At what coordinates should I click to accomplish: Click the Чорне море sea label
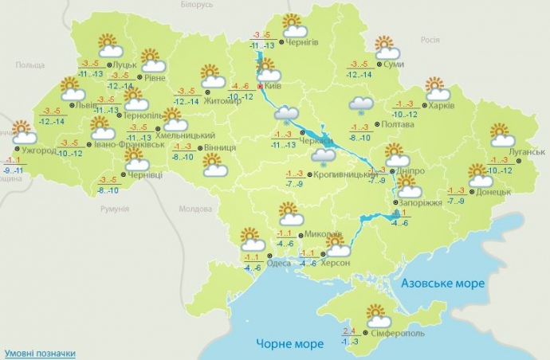coord(290,344)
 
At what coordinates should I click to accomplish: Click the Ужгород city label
coord(40,151)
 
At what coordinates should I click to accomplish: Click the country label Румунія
coord(115,209)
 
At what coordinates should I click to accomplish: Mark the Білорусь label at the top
coord(197,5)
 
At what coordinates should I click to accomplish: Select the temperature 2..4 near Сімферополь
coord(348,331)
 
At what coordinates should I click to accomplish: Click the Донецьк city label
coord(497,192)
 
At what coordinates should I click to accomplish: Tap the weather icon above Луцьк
coord(109,45)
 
